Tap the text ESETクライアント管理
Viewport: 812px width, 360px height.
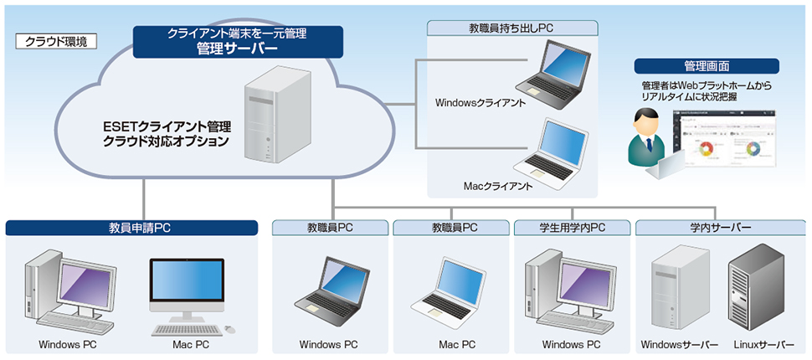click(167, 127)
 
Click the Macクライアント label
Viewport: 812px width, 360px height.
click(497, 185)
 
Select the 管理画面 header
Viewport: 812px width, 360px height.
click(706, 66)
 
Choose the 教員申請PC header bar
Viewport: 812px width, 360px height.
click(131, 227)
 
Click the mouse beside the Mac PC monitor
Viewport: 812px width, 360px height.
click(229, 329)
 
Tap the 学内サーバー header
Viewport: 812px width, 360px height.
click(720, 227)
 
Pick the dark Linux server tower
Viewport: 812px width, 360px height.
click(755, 289)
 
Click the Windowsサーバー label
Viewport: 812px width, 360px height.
click(680, 345)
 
